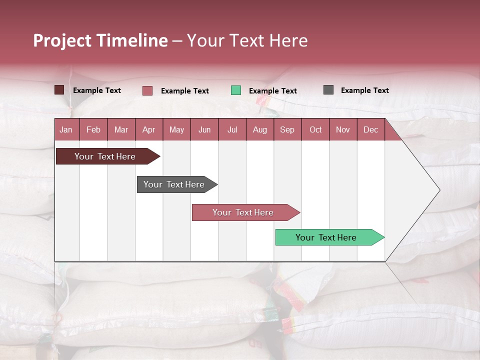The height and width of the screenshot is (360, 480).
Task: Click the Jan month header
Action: (66, 129)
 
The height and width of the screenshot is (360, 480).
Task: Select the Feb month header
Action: (93, 129)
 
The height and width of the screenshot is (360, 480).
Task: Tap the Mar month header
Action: (121, 129)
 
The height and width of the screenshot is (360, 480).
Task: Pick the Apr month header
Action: (148, 129)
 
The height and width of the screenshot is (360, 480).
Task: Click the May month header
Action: (176, 129)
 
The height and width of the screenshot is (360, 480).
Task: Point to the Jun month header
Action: (204, 129)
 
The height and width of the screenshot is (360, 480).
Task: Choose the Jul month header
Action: (232, 129)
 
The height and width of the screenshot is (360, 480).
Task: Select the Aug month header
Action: (259, 129)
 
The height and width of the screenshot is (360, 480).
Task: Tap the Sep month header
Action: (287, 129)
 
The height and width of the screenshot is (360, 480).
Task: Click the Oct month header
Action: (315, 129)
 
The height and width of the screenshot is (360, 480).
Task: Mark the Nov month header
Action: (343, 129)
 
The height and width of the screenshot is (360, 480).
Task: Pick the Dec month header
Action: (370, 129)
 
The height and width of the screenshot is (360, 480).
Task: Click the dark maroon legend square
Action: (59, 90)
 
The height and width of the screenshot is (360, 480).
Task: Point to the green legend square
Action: (236, 90)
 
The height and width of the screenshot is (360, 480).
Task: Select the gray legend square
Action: (328, 90)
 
